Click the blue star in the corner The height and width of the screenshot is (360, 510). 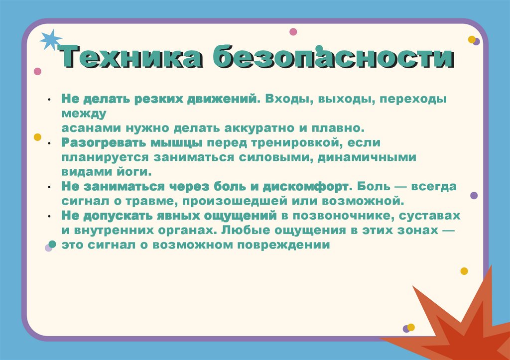point(50,40)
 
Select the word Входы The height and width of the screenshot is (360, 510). point(286,99)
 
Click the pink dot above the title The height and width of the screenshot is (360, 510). point(293,32)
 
